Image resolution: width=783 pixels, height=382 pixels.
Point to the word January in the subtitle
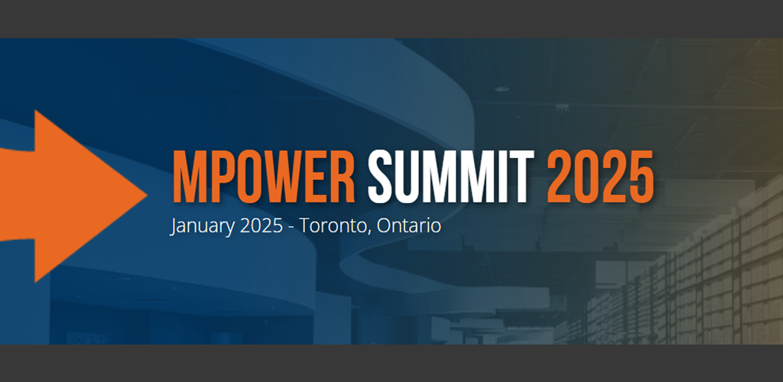pyautogui.click(x=202, y=227)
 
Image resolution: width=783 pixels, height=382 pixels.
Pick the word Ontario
pyautogui.click(x=409, y=226)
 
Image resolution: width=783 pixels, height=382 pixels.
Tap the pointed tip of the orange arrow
pyautogui.click(x=147, y=196)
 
